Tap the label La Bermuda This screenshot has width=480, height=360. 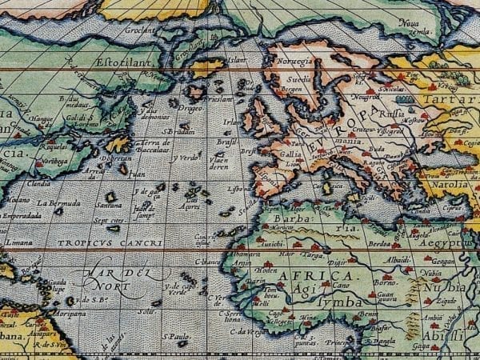pyautogui.click(x=58, y=202)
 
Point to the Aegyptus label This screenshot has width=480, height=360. pyautogui.click(x=450, y=240)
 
